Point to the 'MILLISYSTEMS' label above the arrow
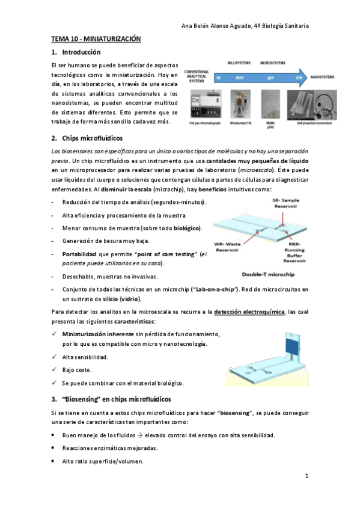coord(239,63)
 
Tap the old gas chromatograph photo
coord(201,104)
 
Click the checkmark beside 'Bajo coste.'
coord(55,370)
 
